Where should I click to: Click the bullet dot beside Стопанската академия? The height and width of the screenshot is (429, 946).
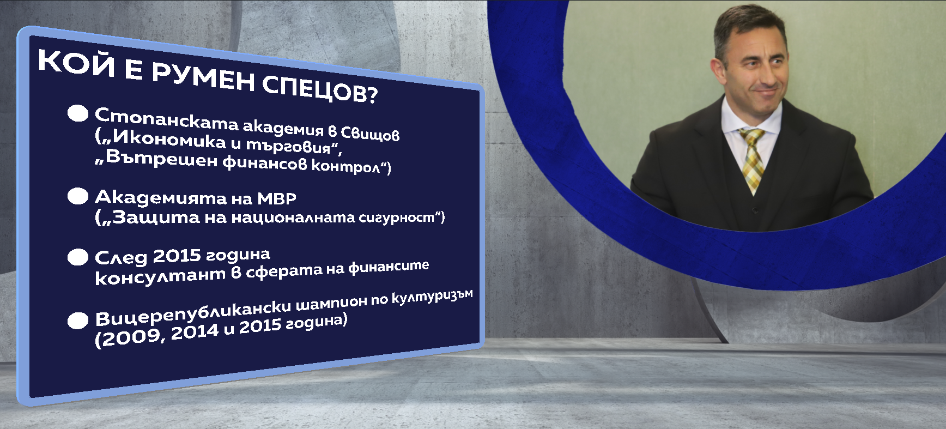(78, 113)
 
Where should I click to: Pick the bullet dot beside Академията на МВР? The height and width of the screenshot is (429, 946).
(78, 196)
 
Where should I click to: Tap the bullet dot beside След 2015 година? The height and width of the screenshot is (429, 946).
(78, 257)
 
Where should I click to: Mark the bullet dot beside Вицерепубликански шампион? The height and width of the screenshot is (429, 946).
(78, 321)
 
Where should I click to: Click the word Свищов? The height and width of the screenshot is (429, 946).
(370, 134)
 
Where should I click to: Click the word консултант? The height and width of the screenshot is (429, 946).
(160, 276)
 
